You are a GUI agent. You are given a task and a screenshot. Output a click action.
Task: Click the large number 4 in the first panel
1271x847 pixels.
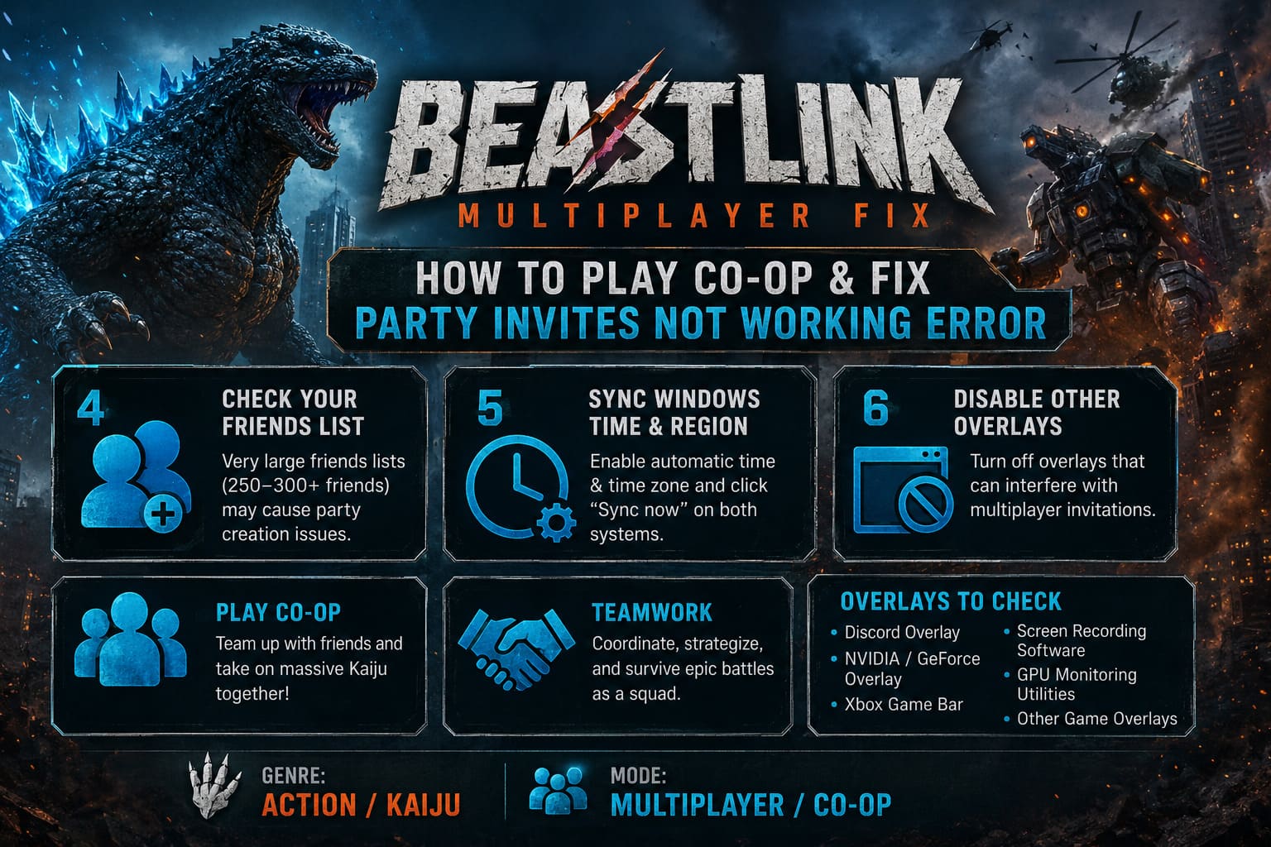point(90,408)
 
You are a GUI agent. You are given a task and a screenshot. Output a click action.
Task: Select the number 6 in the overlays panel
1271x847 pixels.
point(875,408)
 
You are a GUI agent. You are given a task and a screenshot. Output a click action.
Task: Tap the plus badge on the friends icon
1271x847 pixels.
point(163,515)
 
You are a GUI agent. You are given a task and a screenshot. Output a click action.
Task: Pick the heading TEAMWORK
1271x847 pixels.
point(652,613)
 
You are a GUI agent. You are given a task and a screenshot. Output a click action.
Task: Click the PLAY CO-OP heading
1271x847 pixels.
point(278,613)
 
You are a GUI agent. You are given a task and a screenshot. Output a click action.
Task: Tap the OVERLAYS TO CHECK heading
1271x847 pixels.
point(951,601)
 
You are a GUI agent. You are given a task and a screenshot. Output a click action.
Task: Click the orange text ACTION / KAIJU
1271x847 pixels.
point(361,805)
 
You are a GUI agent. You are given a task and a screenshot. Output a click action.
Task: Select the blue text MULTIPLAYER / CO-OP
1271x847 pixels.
point(751,805)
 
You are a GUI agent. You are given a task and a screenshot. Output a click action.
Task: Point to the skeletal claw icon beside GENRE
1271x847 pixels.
point(214,786)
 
